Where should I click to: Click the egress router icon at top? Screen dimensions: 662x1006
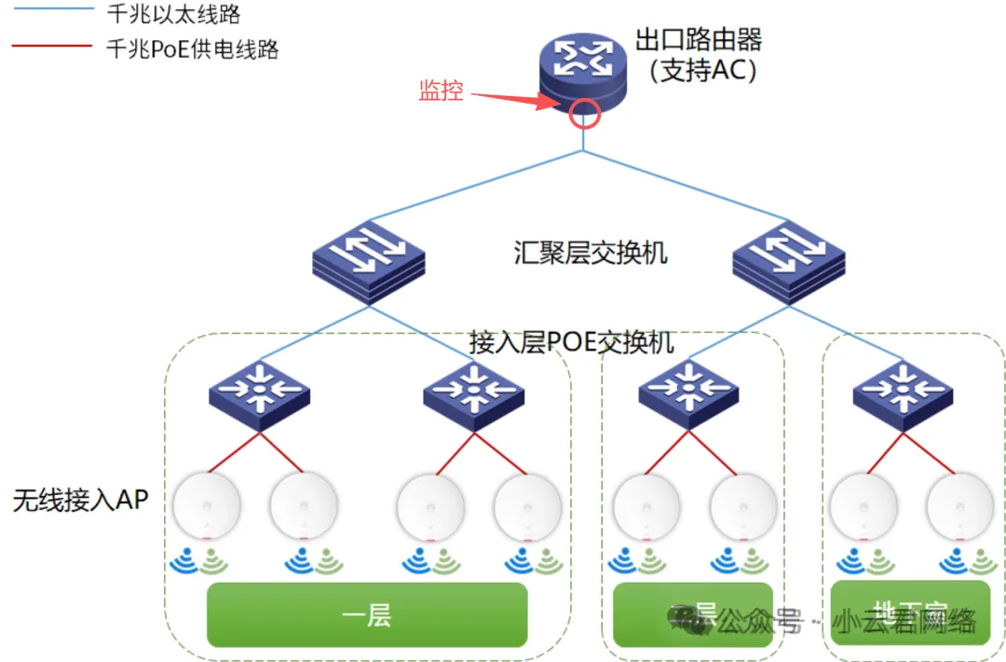tap(582, 82)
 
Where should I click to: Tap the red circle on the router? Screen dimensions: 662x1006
tap(584, 112)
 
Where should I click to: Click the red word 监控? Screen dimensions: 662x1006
tap(441, 90)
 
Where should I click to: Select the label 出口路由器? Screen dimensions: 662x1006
tap(699, 40)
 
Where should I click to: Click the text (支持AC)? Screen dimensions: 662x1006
tap(703, 71)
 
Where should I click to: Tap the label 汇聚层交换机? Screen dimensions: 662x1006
tap(591, 253)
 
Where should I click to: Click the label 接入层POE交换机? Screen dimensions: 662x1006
tap(571, 342)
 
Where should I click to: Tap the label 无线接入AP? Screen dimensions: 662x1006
tap(81, 500)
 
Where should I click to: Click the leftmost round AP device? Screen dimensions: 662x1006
tap(207, 506)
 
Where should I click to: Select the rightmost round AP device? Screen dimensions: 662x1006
tap(960, 506)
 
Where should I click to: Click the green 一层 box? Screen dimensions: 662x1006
tap(367, 614)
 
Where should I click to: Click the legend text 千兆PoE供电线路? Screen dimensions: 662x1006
tap(193, 48)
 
